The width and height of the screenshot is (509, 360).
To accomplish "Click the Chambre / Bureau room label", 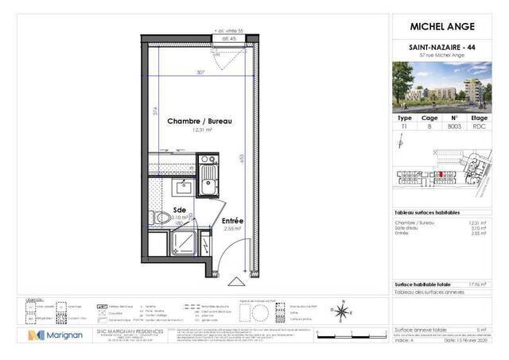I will pos(199,121).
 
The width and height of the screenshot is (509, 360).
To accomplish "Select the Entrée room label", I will pos(232,220).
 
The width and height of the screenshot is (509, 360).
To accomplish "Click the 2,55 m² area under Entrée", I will pos(232,228).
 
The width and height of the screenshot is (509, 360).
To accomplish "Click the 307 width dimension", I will pos(201,72).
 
